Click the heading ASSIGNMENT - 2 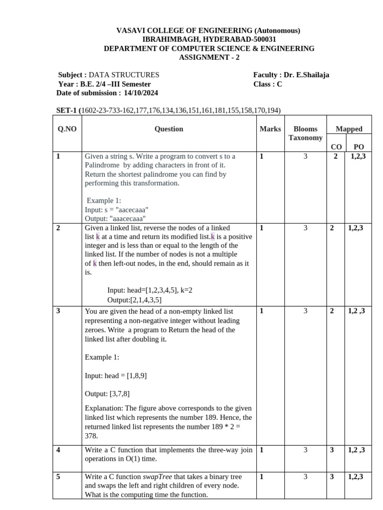[209, 57]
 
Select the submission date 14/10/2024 [141, 93]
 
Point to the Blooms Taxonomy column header [305, 133]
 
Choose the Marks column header [270, 129]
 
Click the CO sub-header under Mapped [336, 146]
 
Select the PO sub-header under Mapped [358, 146]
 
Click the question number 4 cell [58, 450]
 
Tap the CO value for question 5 [336, 477]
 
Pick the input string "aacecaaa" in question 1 [131, 210]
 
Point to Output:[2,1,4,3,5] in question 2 [134, 300]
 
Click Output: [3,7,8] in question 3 [107, 393]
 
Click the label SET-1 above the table [67, 110]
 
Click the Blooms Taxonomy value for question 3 [305, 311]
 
